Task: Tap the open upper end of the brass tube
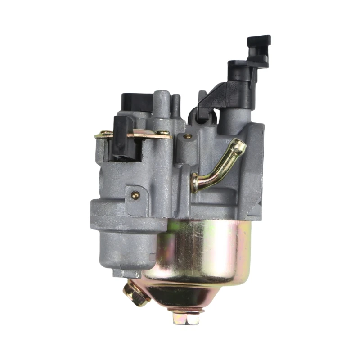[x=240, y=145]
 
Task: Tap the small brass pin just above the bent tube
[x=188, y=136]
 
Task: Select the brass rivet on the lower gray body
[x=135, y=194]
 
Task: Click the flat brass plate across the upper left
[x=135, y=134]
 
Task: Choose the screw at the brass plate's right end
[x=163, y=133]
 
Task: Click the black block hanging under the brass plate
[x=124, y=137]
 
